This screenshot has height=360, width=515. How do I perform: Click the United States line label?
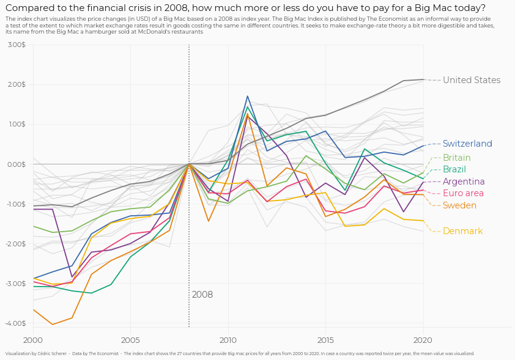[x=471, y=80]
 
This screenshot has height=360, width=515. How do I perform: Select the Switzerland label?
[x=467, y=144]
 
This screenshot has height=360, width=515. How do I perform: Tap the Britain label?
[x=456, y=158]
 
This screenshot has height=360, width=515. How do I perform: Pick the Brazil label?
[x=454, y=169]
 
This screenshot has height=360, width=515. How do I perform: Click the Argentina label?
[x=464, y=182]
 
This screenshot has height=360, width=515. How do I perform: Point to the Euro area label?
[x=463, y=193]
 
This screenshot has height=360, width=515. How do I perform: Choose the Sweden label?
[x=459, y=205]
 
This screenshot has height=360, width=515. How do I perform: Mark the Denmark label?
[x=462, y=231]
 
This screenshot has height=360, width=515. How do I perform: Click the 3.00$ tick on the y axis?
[x=16, y=45]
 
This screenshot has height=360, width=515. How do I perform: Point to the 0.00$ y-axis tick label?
[x=16, y=164]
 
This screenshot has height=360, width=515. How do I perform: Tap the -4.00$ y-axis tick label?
[x=15, y=323]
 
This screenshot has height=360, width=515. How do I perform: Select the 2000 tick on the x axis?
[x=33, y=339]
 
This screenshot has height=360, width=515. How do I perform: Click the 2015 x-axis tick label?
[x=325, y=339]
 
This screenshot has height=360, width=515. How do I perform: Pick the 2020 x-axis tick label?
[x=423, y=339]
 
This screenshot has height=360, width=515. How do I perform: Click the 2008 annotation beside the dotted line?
[x=202, y=295]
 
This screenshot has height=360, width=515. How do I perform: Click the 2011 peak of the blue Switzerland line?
[x=248, y=96]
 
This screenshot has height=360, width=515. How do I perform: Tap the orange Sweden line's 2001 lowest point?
[x=53, y=325]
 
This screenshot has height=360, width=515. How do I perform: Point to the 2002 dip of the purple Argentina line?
[x=72, y=277]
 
